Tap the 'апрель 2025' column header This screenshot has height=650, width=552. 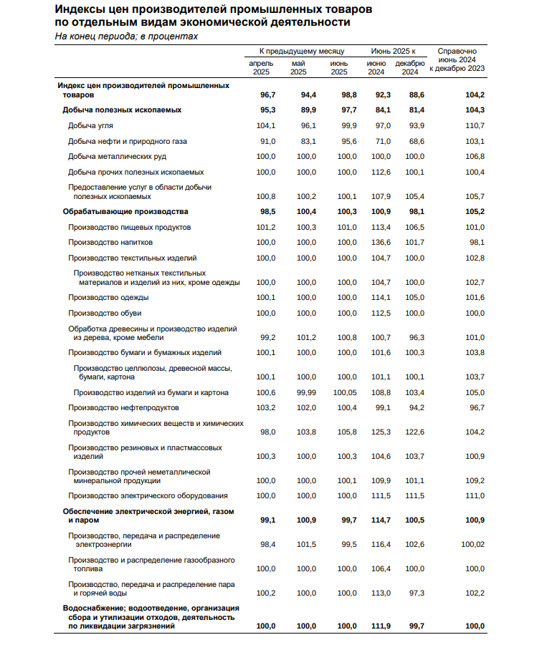261,67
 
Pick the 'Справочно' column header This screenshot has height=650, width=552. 457,52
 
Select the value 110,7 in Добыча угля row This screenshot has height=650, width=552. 475,125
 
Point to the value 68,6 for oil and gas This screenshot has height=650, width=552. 417,141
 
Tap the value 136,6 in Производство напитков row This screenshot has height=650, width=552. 379,243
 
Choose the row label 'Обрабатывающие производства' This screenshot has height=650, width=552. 125,211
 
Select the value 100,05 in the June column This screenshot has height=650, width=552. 342,392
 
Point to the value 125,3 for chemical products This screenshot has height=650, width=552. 379,432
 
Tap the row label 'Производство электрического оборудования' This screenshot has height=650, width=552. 148,495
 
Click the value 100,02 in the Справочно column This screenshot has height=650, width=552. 472,544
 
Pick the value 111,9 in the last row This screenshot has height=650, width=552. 379,626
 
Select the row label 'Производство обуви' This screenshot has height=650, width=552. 104,313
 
